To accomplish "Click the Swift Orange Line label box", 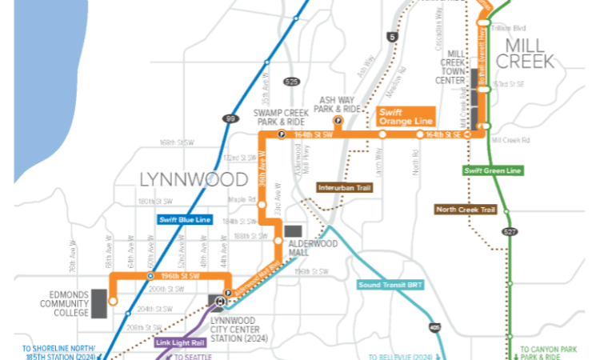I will pyautogui.click(x=405, y=116).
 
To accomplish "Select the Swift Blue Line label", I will pyautogui.click(x=183, y=218).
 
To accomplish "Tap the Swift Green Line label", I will pyautogui.click(x=492, y=170).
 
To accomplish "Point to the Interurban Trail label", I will pyautogui.click(x=345, y=187).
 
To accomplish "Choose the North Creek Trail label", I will pyautogui.click(x=466, y=210).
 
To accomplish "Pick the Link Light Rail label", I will pyautogui.click(x=181, y=342).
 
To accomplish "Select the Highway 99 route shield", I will pyautogui.click(x=231, y=118).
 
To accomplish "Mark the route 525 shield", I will pyautogui.click(x=292, y=82).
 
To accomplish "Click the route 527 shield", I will pyautogui.click(x=510, y=232).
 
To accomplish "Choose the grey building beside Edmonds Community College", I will pyautogui.click(x=99, y=303).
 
